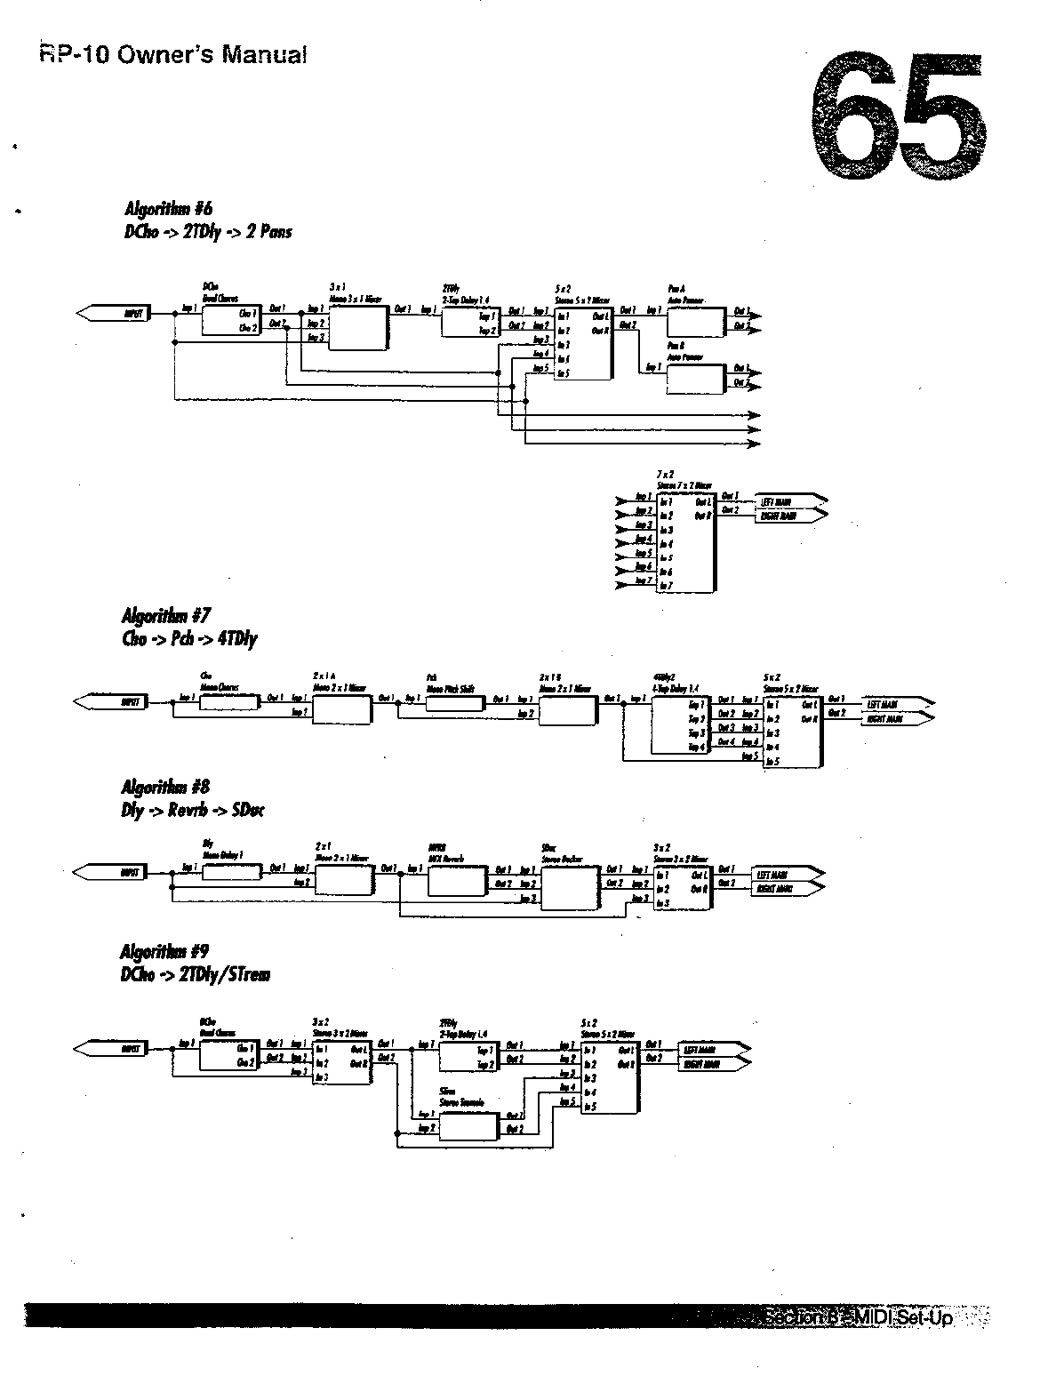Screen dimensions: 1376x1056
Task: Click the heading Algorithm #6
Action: pos(168,210)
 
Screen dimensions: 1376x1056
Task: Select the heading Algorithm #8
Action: pos(165,788)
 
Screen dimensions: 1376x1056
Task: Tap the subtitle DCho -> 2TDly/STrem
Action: pos(195,974)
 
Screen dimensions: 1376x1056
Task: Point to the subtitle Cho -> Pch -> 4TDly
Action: pos(189,638)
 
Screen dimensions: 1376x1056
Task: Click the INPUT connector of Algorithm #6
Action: pos(114,313)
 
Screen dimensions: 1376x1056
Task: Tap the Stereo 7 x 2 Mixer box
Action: pos(684,544)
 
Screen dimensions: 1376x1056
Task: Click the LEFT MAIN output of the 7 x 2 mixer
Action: pos(789,500)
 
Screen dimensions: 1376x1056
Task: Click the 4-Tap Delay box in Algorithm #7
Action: pos(680,724)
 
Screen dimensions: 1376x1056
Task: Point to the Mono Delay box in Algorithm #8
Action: pos(231,872)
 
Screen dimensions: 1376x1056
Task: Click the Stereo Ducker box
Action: pos(570,888)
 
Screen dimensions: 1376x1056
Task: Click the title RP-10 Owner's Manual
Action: pos(173,55)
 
